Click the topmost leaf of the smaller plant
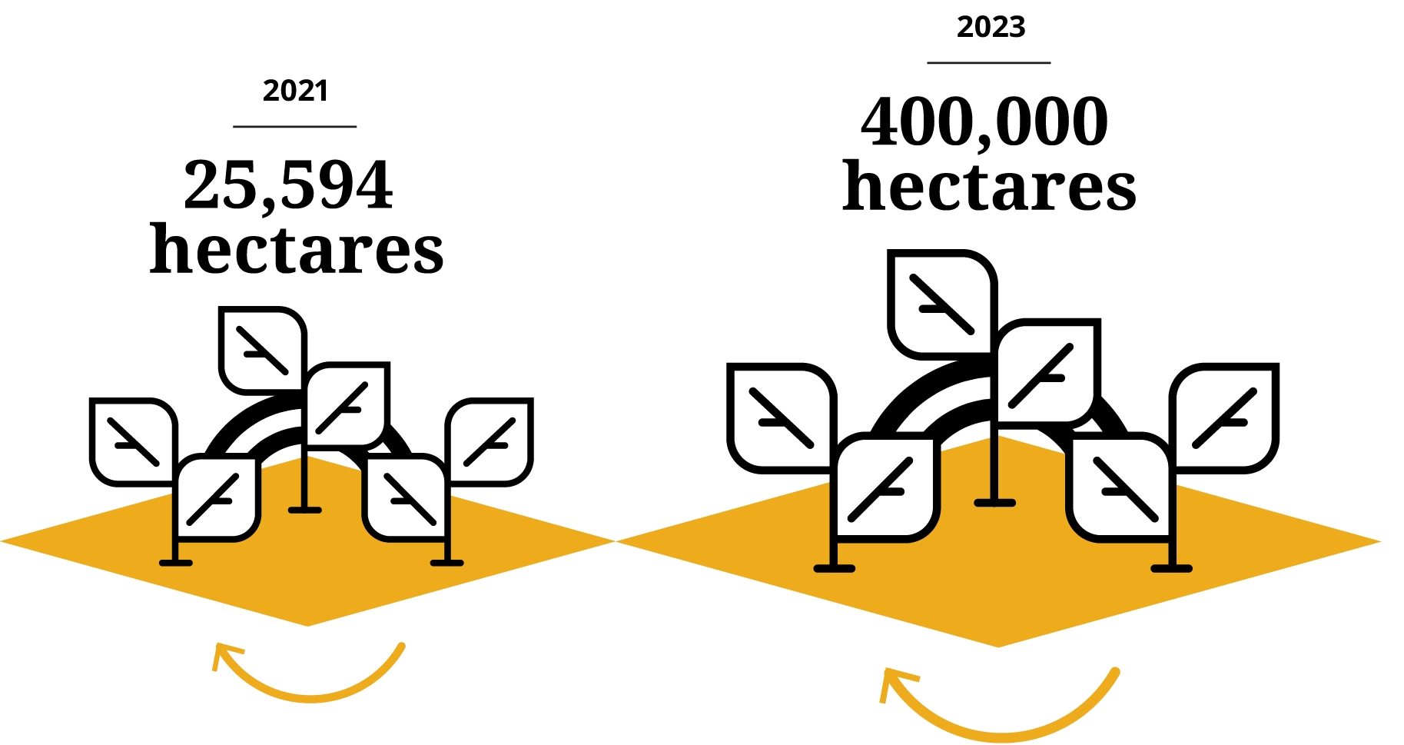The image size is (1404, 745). [263, 351]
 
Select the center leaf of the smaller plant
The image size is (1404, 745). [346, 406]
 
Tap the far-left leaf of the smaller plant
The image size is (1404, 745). [134, 442]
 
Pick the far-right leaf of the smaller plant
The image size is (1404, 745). [489, 442]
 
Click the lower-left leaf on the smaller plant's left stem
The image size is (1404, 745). [217, 498]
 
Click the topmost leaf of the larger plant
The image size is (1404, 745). [942, 304]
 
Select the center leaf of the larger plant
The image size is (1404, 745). [1045, 374]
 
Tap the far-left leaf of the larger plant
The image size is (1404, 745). [782, 418]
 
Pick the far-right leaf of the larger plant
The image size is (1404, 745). [1224, 418]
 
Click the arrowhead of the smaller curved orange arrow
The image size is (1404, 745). [221, 653]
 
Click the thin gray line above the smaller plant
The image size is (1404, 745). [295, 127]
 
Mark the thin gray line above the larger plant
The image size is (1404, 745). [989, 63]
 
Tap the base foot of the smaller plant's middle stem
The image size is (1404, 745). [305, 510]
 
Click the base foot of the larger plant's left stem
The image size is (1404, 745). [835, 569]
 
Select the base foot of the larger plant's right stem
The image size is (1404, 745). [1171, 569]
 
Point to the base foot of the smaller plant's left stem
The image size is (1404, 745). [176, 564]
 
